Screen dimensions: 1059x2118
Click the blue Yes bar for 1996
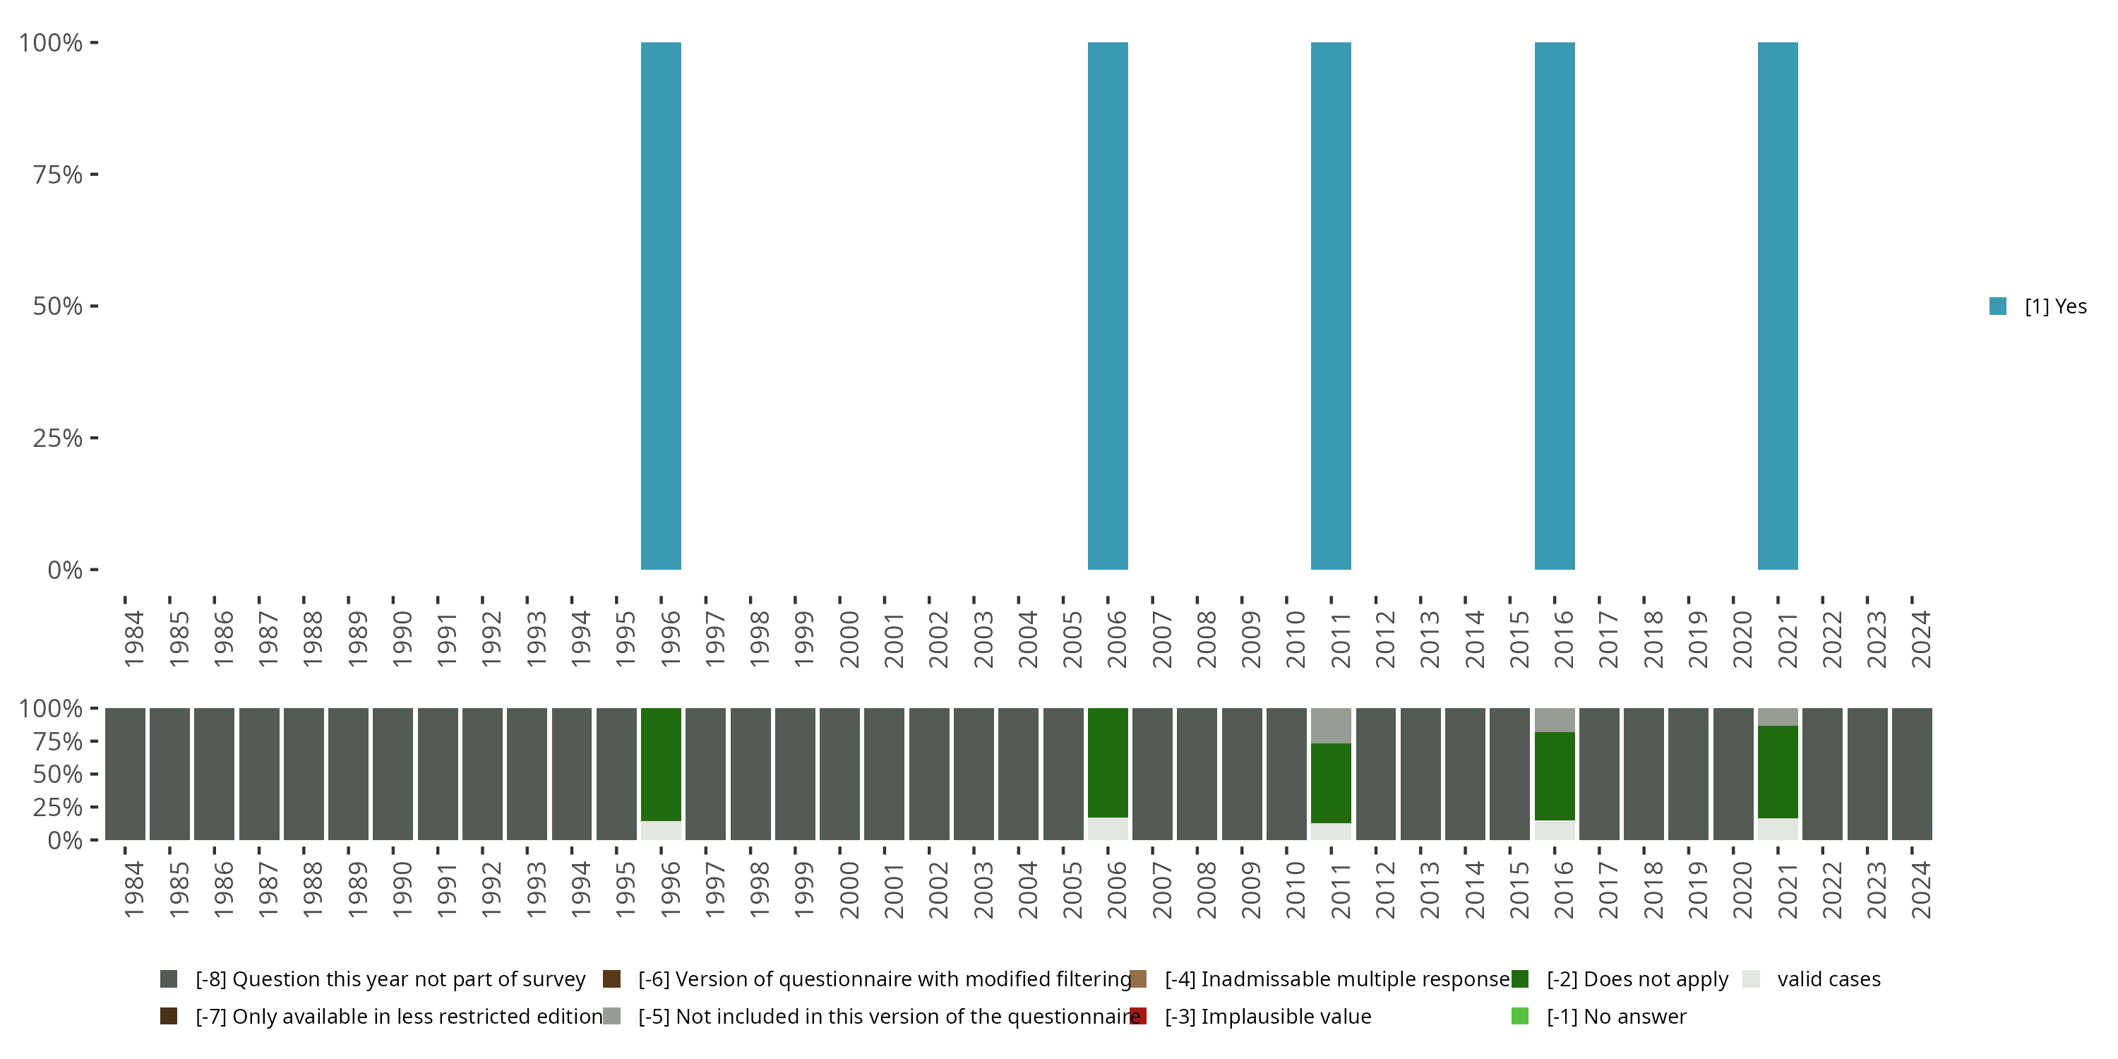(x=661, y=305)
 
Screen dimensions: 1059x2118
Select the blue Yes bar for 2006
(x=1108, y=305)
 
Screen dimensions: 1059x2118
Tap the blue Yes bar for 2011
(x=1330, y=305)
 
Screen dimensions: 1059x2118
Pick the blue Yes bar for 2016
(x=1554, y=305)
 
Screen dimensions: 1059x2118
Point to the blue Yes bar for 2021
(x=1778, y=305)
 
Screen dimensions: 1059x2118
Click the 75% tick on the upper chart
(x=58, y=174)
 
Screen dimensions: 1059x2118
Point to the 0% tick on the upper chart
(x=64, y=570)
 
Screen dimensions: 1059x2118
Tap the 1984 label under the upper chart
(x=134, y=639)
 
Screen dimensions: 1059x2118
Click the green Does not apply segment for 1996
(x=661, y=764)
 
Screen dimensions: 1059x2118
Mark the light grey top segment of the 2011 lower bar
(x=1330, y=725)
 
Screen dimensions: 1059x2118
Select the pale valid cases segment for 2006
(x=1108, y=829)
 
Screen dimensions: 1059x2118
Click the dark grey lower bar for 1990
(x=393, y=774)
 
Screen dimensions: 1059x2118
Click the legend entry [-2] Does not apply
(x=1637, y=979)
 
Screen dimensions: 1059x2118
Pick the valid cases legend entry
(x=1828, y=979)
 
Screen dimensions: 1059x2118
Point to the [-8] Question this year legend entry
(x=390, y=979)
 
